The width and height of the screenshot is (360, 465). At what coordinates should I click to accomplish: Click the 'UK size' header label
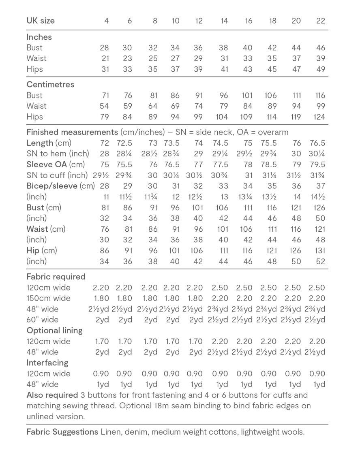(x=41, y=21)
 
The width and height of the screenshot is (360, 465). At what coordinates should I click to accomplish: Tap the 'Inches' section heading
(x=39, y=37)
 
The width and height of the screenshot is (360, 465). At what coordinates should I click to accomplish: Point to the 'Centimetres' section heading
(x=50, y=85)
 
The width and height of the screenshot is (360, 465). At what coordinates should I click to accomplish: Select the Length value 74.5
(x=221, y=143)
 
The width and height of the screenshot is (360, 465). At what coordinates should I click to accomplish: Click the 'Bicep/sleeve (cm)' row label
(x=61, y=186)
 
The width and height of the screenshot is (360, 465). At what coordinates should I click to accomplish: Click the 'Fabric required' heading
(x=56, y=277)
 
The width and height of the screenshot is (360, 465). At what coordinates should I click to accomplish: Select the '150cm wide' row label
(x=48, y=298)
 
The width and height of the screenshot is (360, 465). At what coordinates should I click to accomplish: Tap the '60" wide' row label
(x=42, y=320)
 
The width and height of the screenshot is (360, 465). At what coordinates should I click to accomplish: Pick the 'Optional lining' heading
(x=54, y=330)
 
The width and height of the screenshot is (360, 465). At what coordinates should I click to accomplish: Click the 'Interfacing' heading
(x=47, y=363)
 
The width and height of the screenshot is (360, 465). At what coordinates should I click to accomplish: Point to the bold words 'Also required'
(x=52, y=395)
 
